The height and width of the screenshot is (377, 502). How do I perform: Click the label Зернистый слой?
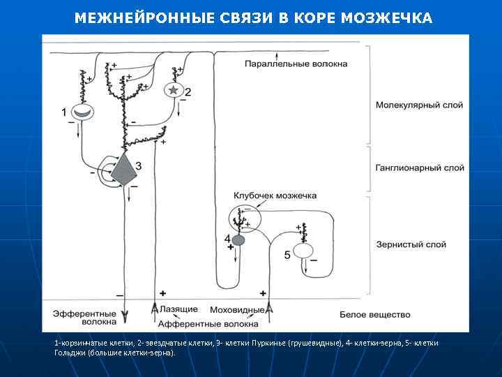pos(410,244)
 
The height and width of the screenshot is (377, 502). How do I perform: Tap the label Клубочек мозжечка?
pos(275,195)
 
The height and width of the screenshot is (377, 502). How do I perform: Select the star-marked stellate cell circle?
pos(174,90)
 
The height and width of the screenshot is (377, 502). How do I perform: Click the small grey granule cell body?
pos(238,240)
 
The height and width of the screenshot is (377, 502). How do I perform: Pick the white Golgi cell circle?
pos(303,250)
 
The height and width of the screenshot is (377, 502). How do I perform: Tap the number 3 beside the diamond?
pos(139,165)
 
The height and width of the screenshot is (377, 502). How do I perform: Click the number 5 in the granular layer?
pos(287,256)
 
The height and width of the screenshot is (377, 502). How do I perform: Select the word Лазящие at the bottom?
pos(179,309)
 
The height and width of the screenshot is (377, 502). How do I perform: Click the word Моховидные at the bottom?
pos(241,309)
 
